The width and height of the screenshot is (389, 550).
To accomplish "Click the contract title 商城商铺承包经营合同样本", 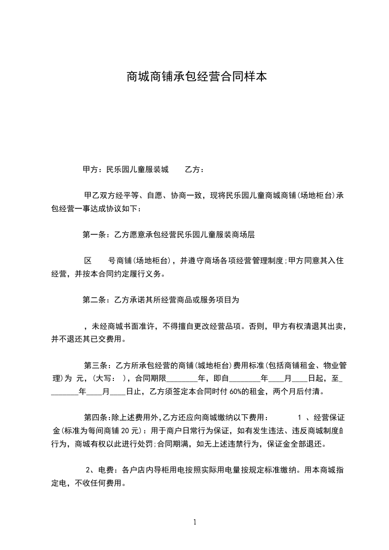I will coord(197,77).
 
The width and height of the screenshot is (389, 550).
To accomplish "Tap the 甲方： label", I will coord(91,170).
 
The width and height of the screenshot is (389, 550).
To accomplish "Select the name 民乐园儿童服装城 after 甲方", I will coord(134,170).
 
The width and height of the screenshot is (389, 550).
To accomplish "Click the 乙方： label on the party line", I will coord(194,170).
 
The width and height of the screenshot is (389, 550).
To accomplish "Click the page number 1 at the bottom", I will coord(195,522).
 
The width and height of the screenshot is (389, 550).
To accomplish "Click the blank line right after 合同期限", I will coord(182,379).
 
